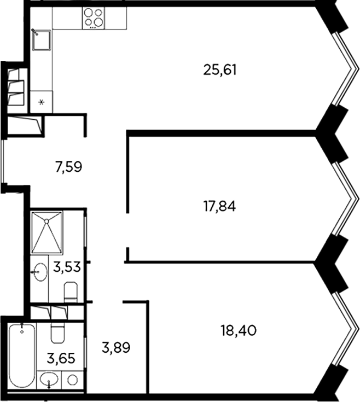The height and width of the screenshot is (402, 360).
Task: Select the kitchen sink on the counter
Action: tap(42, 40)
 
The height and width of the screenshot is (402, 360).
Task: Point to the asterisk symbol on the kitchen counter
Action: tap(42, 102)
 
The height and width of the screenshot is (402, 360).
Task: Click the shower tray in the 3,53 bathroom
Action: tap(47, 232)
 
